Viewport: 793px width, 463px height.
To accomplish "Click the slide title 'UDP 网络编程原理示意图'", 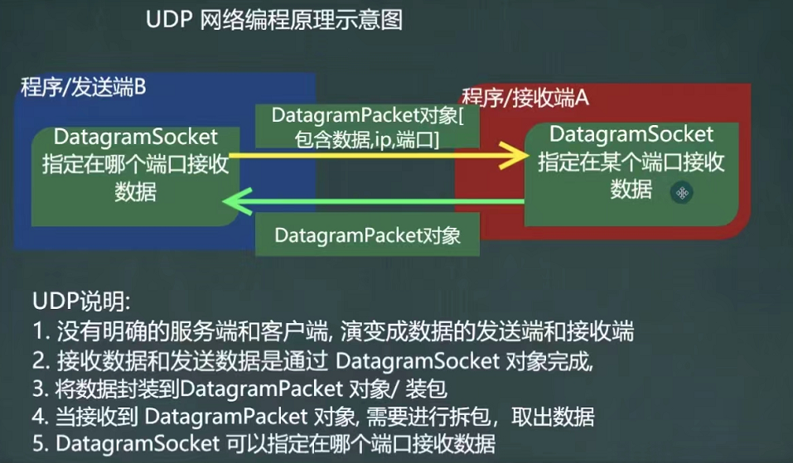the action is coord(273,20).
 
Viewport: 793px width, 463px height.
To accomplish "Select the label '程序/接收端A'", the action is coord(525,98).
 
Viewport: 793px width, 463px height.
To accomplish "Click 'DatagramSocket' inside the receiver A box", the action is coord(631,133).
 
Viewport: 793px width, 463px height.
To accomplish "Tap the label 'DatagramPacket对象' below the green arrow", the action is coord(366,235).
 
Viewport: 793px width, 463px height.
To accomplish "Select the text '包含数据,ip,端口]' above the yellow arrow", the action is coord(366,139).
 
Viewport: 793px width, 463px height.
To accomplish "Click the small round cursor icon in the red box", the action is coord(682,193).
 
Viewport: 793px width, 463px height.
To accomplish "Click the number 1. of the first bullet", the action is coord(41,333).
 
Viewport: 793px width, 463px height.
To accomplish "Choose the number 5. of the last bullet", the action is coord(41,444).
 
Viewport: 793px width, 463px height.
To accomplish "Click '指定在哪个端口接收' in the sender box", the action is coord(136,164).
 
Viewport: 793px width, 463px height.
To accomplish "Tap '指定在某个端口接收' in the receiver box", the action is coord(631,162).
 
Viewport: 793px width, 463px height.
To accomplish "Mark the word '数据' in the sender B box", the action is coord(136,191).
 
